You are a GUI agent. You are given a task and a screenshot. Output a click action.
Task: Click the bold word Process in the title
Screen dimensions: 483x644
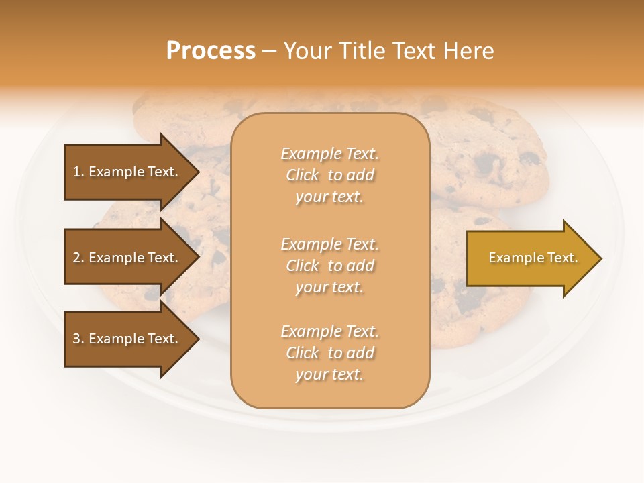[x=211, y=51]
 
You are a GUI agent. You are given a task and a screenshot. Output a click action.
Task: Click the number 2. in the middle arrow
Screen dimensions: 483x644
[x=78, y=258]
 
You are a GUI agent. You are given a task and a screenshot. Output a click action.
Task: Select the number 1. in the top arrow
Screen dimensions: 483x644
[x=78, y=172]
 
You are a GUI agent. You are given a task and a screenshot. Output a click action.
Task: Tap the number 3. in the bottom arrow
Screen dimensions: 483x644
[x=78, y=339]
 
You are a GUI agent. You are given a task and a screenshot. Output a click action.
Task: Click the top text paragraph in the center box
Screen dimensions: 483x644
[x=330, y=175]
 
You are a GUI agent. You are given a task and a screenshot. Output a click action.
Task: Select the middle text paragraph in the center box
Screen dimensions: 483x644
[x=330, y=266]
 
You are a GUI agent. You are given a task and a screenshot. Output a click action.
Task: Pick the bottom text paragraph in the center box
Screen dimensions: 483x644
[x=330, y=353]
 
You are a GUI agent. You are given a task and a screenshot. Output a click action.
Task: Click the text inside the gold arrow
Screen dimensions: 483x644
[x=533, y=258]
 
